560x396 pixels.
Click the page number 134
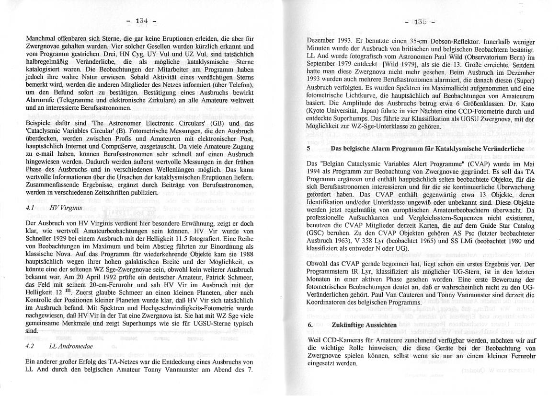141,21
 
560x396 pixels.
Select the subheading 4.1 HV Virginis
54,209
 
